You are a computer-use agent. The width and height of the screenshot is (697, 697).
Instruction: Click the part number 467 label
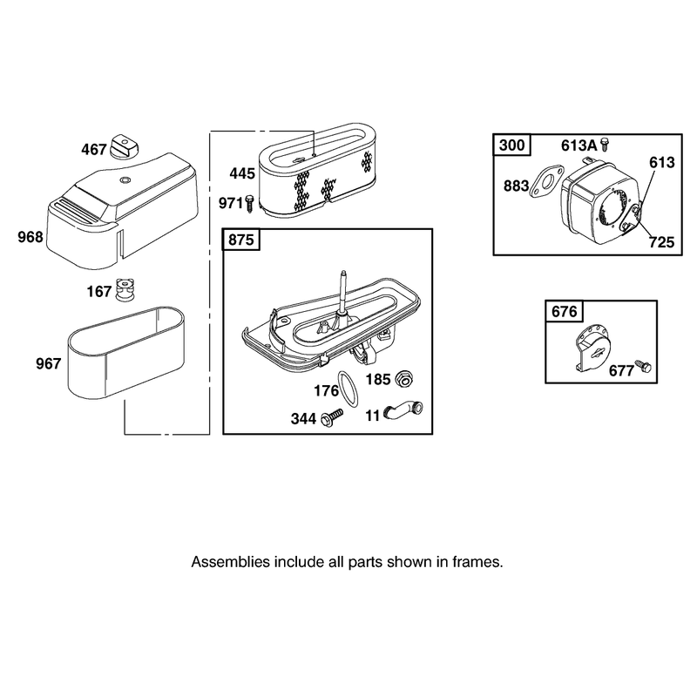94,149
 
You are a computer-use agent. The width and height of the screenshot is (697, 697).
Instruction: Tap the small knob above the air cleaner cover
125,145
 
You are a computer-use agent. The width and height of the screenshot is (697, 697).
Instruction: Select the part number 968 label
30,237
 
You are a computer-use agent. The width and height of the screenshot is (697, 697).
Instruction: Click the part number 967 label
48,364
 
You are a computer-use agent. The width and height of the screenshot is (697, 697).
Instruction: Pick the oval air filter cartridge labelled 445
320,173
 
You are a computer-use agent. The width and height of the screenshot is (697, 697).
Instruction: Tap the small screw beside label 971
249,204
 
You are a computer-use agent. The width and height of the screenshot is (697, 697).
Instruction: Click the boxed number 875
241,240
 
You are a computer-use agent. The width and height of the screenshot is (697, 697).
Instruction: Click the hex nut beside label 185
404,378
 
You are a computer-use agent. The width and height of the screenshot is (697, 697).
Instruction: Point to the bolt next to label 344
332,418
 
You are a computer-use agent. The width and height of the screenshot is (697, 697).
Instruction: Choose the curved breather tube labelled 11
403,409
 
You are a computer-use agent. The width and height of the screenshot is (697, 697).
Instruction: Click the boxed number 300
512,145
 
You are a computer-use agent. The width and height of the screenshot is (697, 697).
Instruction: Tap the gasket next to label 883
546,184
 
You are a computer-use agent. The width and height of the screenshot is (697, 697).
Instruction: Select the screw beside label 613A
604,145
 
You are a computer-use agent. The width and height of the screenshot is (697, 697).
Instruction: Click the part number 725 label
661,242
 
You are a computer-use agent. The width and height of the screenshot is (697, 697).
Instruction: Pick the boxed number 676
564,311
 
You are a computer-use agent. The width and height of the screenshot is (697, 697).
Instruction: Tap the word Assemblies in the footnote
231,562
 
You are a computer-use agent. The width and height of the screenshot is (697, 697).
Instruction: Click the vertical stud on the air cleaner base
342,292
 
